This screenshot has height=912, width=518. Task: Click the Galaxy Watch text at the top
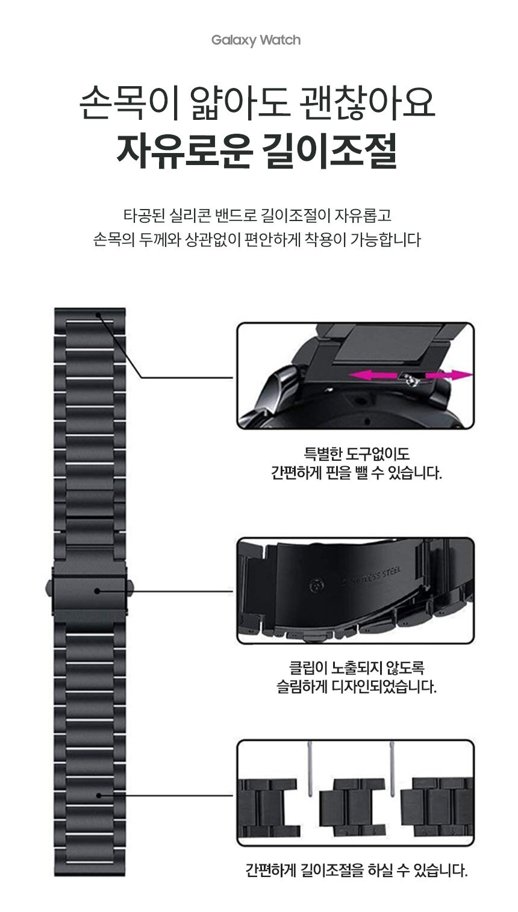(256, 40)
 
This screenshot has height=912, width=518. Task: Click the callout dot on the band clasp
(97, 591)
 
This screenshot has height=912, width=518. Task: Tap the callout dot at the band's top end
(98, 313)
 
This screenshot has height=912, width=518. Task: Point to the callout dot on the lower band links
(98, 796)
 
